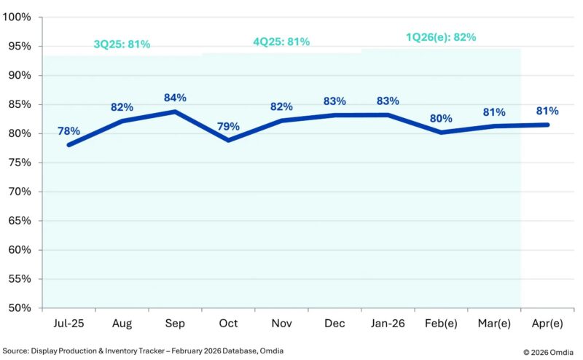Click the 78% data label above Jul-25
(69, 131)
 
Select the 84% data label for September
(175, 98)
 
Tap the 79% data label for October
(228, 126)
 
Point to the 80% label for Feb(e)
(440, 118)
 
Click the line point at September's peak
(175, 111)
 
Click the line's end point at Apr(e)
(547, 125)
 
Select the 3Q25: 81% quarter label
(122, 44)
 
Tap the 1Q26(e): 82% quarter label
(441, 37)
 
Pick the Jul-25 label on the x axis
(69, 322)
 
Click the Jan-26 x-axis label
(388, 322)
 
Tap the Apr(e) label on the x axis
(547, 322)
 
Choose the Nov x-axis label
(281, 322)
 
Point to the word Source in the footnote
(17, 351)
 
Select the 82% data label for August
(122, 108)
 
